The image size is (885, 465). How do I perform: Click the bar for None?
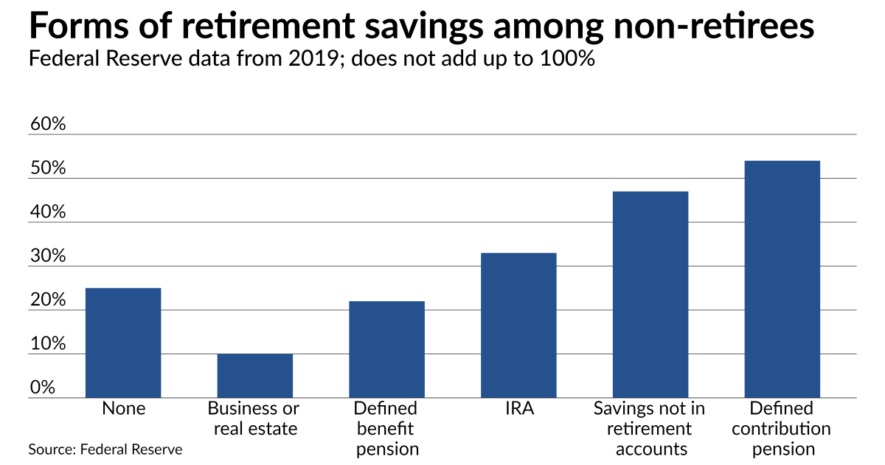pyautogui.click(x=123, y=343)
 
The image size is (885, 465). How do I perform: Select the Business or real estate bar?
pyautogui.click(x=254, y=376)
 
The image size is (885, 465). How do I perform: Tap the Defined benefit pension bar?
pyautogui.click(x=386, y=350)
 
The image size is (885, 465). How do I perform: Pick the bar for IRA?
pyautogui.click(x=518, y=325)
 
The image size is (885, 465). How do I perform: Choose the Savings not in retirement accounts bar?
pyautogui.click(x=650, y=295)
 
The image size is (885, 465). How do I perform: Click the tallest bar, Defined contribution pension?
pyautogui.click(x=782, y=280)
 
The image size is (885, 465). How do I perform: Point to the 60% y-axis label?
pyautogui.click(x=48, y=124)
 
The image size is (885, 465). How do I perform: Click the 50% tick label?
pyautogui.click(x=48, y=168)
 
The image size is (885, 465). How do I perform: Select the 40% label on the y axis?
pyautogui.click(x=48, y=213)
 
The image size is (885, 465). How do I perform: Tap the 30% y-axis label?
pyautogui.click(x=48, y=257)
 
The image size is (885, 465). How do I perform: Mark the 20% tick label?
pyautogui.click(x=48, y=300)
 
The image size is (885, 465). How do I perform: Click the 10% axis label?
pyautogui.click(x=48, y=345)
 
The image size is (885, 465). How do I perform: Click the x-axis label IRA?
pyautogui.click(x=518, y=408)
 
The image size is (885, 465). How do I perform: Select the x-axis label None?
pyautogui.click(x=123, y=408)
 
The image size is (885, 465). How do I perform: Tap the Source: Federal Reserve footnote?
pyautogui.click(x=105, y=449)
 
